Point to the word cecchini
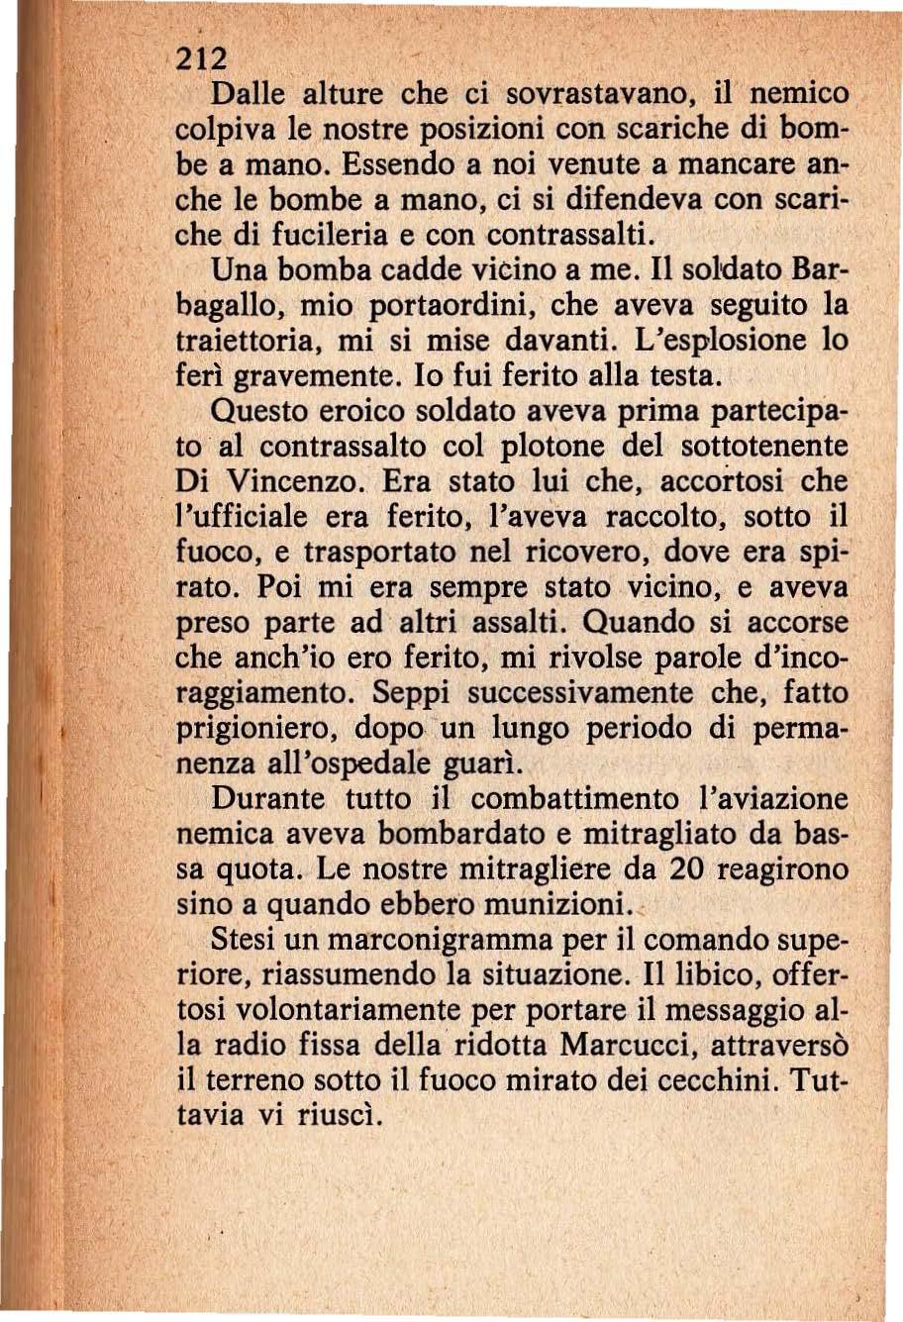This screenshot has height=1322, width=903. pyautogui.click(x=712, y=1080)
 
